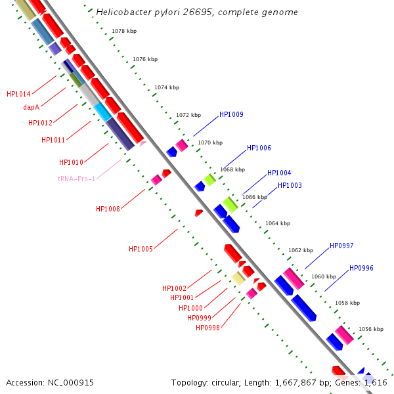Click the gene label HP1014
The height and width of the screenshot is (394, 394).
[x=18, y=94]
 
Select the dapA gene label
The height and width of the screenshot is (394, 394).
[x=31, y=107]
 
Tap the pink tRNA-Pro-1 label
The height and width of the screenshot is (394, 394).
[x=76, y=179]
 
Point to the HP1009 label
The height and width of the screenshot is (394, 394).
[x=231, y=114]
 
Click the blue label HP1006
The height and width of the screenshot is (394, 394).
[x=259, y=148]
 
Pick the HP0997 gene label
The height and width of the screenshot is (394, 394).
[x=341, y=246]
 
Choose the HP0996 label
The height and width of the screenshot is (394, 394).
[x=361, y=268]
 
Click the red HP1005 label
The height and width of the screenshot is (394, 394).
[x=141, y=249]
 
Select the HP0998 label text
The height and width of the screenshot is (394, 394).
[x=208, y=328]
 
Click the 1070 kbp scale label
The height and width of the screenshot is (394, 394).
[x=210, y=142]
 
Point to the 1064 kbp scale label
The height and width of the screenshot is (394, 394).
[x=277, y=223]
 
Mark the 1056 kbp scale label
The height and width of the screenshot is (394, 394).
[x=370, y=329]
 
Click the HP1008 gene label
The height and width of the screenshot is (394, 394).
[x=108, y=209]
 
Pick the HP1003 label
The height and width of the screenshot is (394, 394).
[x=290, y=185]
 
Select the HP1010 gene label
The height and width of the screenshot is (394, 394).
[x=71, y=162]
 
